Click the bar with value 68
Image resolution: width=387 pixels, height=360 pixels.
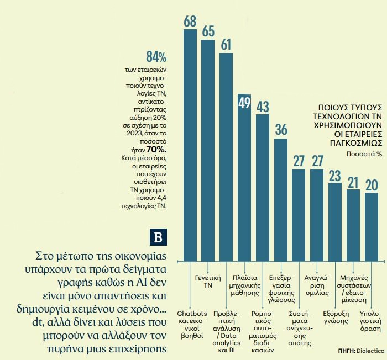click(x=190, y=144)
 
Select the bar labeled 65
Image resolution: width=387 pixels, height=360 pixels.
click(x=208, y=149)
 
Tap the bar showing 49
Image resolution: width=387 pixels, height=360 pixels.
click(x=244, y=177)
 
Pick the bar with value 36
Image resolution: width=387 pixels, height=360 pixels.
click(x=281, y=199)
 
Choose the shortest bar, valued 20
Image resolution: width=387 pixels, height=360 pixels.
click(x=372, y=226)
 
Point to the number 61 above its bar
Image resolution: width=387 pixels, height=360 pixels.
click(x=226, y=45)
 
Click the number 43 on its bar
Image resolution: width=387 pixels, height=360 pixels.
click(x=263, y=106)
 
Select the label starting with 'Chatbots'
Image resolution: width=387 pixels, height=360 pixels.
click(x=190, y=321)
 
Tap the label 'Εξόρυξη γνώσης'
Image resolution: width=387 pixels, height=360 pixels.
click(x=336, y=316)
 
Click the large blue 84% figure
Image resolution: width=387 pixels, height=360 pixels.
click(x=156, y=56)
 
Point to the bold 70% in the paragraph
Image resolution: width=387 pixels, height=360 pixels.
click(x=156, y=149)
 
